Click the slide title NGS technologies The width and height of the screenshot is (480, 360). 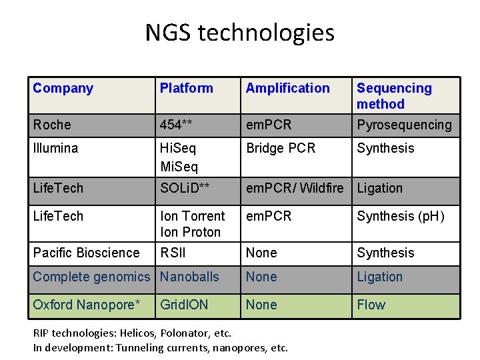tap(240, 33)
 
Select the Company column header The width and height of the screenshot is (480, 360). tap(63, 88)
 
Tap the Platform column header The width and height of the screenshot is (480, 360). tap(186, 88)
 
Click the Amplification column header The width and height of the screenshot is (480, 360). tap(287, 88)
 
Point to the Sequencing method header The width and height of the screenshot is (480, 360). tap(394, 96)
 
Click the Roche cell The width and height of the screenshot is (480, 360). tap(52, 125)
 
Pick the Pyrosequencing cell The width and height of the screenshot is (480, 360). tap(404, 125)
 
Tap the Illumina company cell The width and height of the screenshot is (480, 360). tap(55, 148)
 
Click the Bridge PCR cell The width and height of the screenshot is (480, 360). tap(281, 148)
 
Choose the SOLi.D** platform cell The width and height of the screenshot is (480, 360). tap(185, 188)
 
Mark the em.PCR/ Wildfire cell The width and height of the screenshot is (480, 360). tap(295, 188)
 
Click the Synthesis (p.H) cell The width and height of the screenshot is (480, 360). tap(400, 216)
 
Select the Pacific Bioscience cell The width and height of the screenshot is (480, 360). tap(86, 253)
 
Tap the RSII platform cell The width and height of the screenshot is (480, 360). tap(173, 253)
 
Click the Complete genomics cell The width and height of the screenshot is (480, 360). tap(91, 277)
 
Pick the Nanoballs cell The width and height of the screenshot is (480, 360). tap(189, 277)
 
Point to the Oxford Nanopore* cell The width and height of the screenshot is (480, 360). tap(87, 305)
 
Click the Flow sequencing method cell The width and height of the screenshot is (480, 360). tap(371, 305)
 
